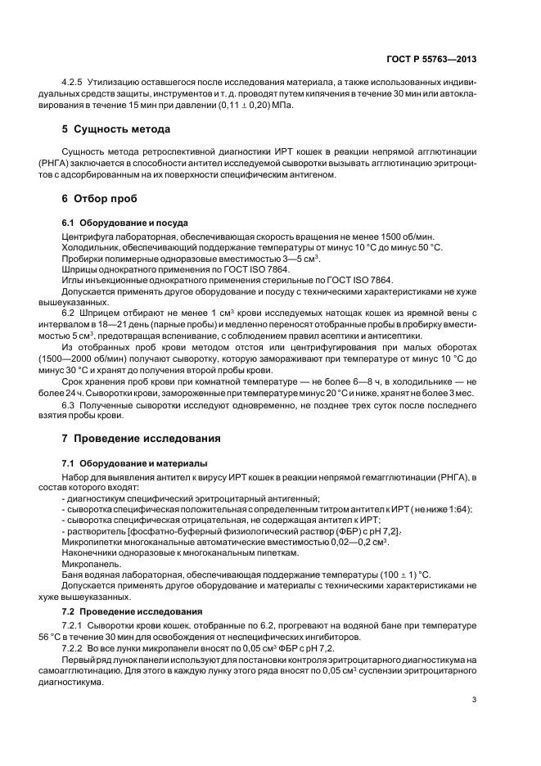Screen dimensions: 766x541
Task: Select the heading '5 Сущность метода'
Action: tap(117, 128)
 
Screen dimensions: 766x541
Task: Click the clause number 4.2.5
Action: tap(74, 83)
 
